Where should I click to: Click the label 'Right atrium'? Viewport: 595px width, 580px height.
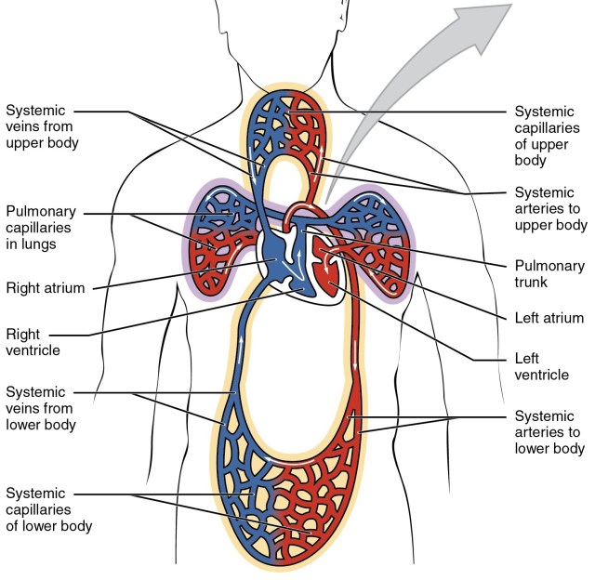point(46,288)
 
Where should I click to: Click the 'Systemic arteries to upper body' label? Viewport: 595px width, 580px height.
point(550,208)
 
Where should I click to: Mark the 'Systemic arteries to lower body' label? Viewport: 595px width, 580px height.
point(550,432)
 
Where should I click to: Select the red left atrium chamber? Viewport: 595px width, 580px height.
point(320,249)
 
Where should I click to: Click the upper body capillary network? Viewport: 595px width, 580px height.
point(288,130)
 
